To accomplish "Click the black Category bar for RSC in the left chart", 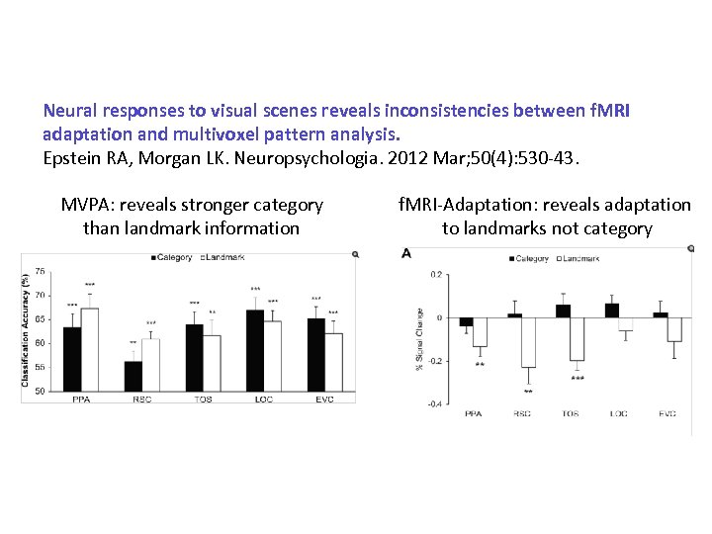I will (x=133, y=376).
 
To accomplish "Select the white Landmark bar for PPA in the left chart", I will (x=89, y=349).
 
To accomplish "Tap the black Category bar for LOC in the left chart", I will (x=255, y=350).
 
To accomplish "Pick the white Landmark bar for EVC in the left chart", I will (x=333, y=362).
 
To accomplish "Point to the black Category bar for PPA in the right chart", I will (x=466, y=321).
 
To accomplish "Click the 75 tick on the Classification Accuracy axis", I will (x=40, y=271).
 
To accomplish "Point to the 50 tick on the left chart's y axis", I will (x=40, y=391).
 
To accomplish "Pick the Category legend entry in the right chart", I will (x=531, y=258).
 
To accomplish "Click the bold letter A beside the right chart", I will (x=406, y=255).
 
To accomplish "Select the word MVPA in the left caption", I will (x=86, y=206).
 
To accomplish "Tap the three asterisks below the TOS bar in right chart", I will (x=578, y=378).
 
